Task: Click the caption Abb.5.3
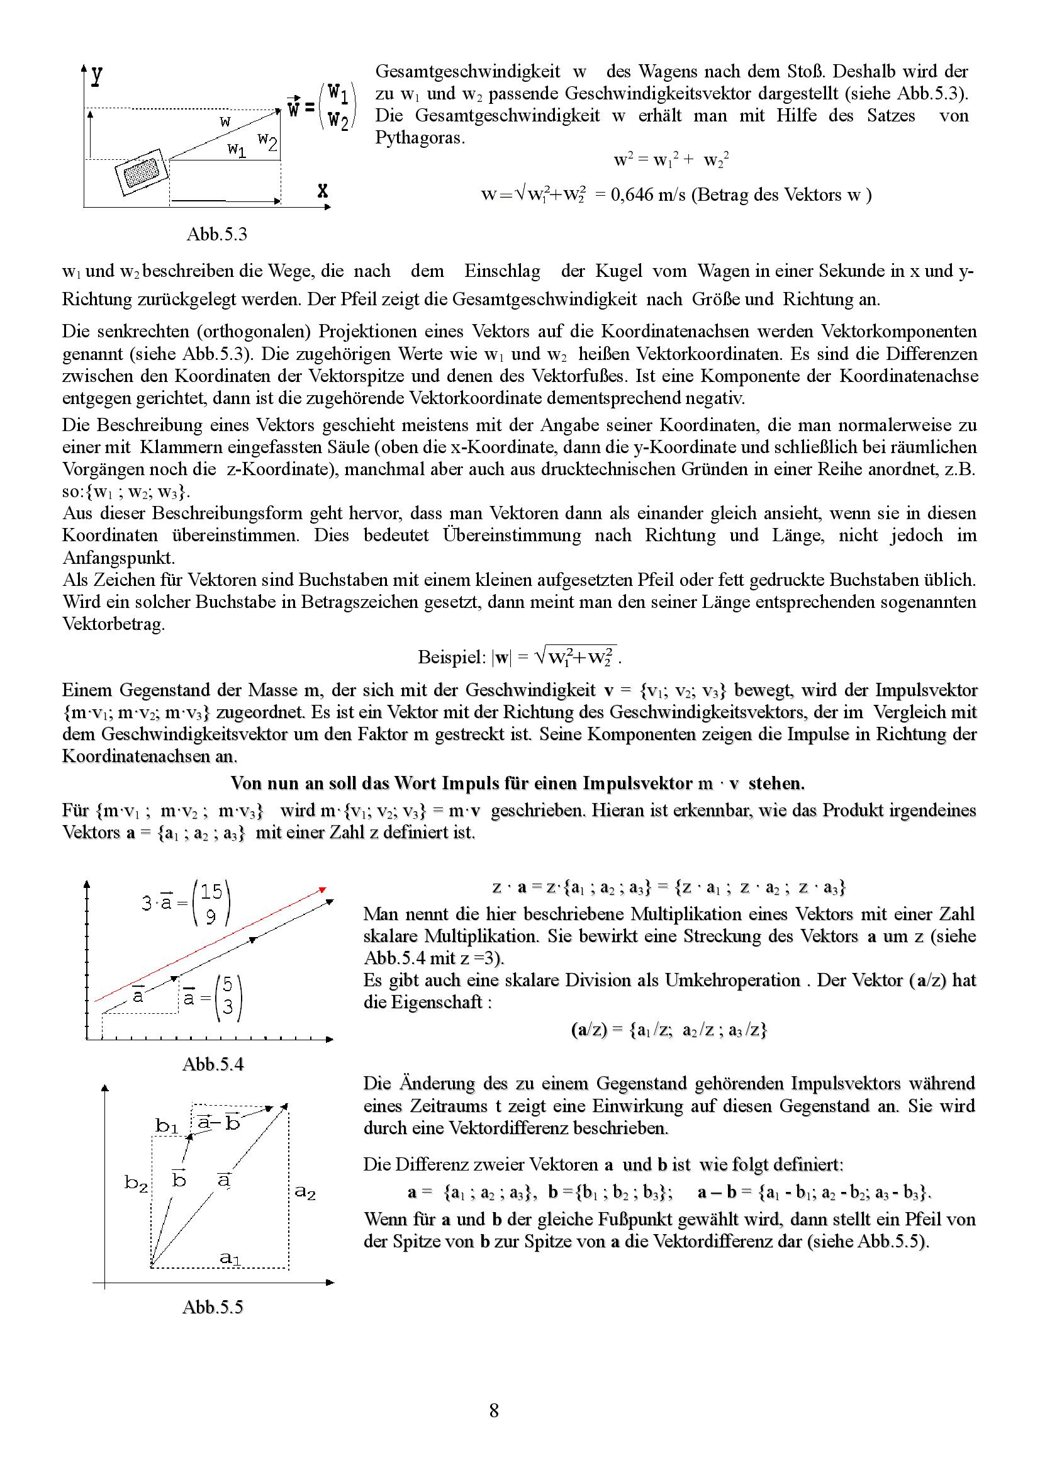click(216, 235)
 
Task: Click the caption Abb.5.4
click(213, 1064)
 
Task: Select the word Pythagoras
click(419, 138)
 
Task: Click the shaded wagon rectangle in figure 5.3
click(142, 172)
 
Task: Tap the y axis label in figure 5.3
click(96, 75)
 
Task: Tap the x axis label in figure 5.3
click(322, 191)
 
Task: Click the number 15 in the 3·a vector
click(211, 892)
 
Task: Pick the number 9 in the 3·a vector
click(211, 919)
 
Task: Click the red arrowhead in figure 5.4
click(323, 889)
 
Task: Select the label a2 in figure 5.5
click(305, 1193)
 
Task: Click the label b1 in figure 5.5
click(167, 1126)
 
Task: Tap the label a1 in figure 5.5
click(230, 1259)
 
